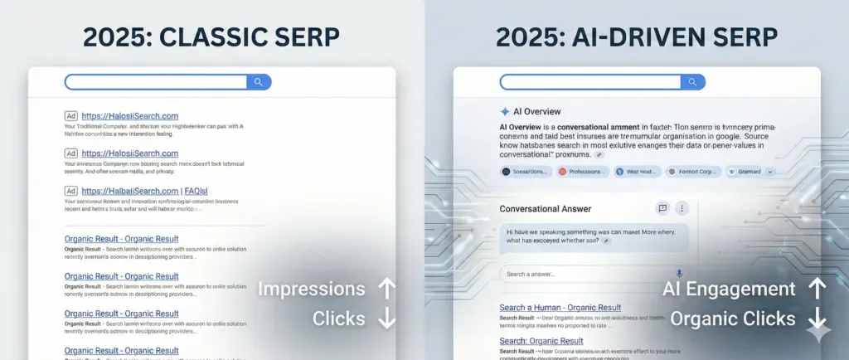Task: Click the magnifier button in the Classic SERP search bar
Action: [259, 82]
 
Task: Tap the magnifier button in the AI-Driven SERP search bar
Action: [692, 82]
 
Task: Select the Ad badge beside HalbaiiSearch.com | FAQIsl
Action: [71, 191]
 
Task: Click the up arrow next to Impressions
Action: [386, 289]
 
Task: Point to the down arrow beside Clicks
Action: [386, 319]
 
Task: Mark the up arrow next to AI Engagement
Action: [817, 289]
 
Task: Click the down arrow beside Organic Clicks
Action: [817, 319]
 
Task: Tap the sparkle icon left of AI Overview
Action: [505, 111]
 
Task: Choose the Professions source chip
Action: [583, 172]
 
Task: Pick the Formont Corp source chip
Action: [693, 172]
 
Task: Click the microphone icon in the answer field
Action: [679, 274]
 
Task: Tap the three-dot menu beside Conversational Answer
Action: [682, 209]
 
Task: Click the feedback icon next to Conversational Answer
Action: [662, 209]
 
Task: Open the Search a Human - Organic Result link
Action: [560, 308]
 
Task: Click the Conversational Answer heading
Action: [545, 209]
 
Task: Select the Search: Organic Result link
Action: [541, 341]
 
